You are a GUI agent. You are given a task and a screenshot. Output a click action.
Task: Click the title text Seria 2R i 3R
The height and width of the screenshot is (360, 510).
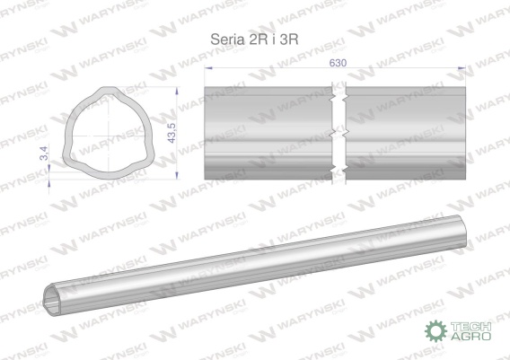(x=254, y=40)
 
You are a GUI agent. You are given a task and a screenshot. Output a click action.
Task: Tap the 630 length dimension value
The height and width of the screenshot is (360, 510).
(x=338, y=63)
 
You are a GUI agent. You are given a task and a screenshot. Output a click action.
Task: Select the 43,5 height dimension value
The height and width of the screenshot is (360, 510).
(x=171, y=132)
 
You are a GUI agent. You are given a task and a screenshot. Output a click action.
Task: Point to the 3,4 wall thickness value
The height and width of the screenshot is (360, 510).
(x=44, y=154)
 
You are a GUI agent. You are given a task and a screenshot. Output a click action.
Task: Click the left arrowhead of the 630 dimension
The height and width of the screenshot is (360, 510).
(x=208, y=68)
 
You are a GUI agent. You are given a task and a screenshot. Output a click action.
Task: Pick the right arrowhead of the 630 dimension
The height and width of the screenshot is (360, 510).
(x=462, y=68)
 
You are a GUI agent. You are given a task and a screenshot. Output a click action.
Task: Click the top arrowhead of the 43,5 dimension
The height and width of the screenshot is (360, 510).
(x=177, y=91)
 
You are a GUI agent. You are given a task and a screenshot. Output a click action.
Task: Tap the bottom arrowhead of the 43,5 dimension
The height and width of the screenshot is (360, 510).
(x=177, y=175)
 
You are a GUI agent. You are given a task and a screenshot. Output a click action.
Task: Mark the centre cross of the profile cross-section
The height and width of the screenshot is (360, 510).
(x=108, y=136)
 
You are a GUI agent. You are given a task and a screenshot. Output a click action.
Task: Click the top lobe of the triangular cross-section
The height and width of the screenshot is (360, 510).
(x=109, y=89)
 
